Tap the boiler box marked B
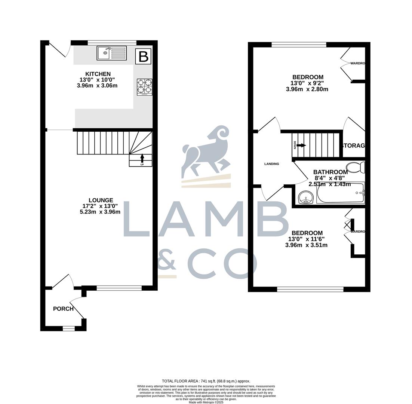point(144,56)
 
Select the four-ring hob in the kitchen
point(145,86)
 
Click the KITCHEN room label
point(98,74)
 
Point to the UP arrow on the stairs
point(142,159)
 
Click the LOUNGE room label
point(101,201)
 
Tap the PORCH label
point(63,309)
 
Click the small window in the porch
point(68,328)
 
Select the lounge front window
point(119,288)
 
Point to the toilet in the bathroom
point(355,167)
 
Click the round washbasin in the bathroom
point(306,197)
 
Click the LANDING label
point(271,164)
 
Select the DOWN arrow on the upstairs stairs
point(301,145)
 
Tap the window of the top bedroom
point(299,45)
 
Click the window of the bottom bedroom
point(310,289)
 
